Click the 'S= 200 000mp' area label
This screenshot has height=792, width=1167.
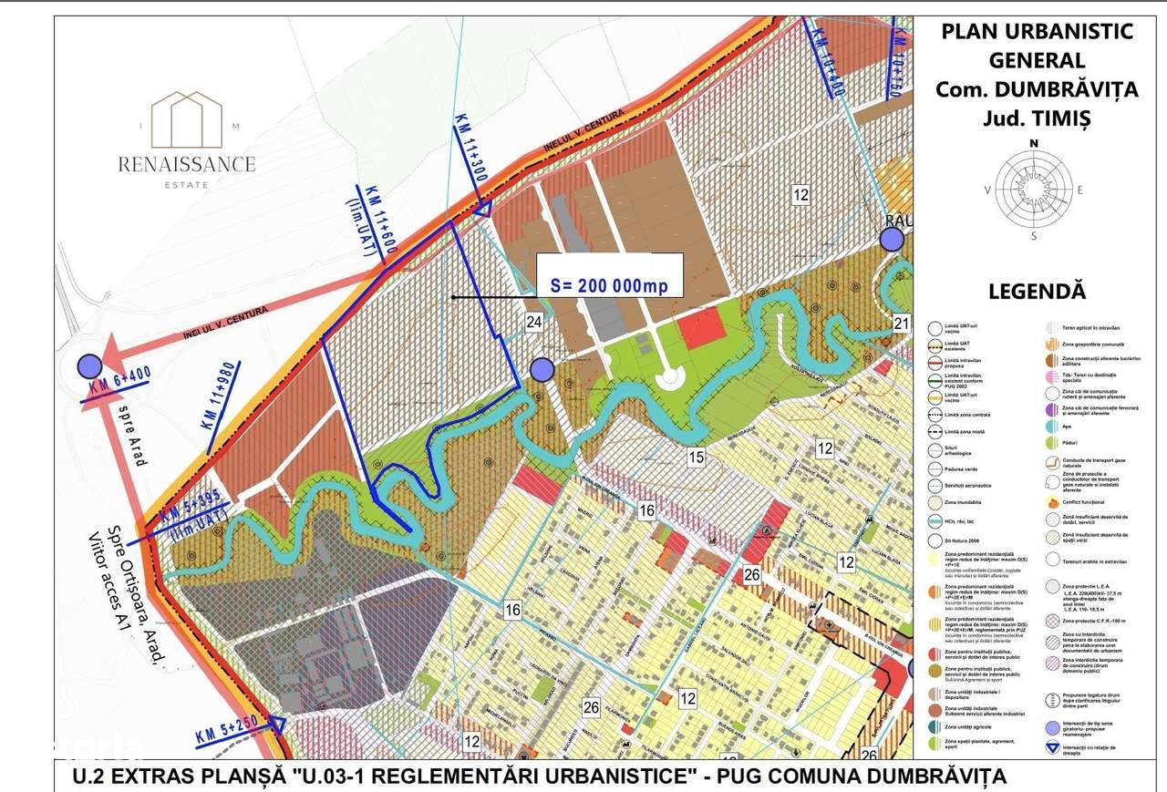(609, 285)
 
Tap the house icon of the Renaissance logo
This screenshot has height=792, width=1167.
(186, 118)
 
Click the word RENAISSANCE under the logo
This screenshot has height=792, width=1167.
(186, 164)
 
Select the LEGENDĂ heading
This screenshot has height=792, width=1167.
(1038, 292)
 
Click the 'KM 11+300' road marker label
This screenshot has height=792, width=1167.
(468, 149)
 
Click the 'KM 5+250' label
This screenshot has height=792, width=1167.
(227, 729)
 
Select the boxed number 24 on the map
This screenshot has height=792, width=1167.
(534, 321)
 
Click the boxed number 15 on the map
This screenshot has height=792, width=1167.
(697, 458)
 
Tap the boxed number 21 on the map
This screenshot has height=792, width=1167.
(902, 323)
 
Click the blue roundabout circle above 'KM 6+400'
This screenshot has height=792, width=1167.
(88, 365)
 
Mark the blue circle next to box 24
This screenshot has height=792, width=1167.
(542, 369)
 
